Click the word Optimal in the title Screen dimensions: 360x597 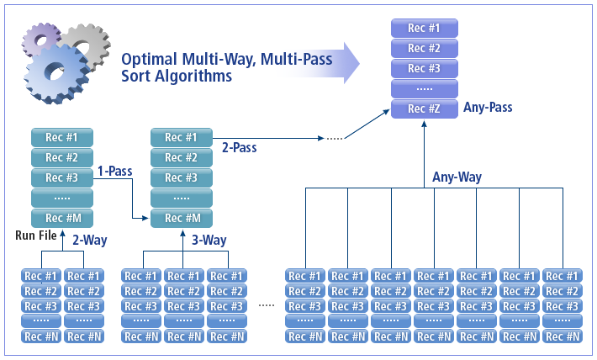coord(150,60)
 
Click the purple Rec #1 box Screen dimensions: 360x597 coord(424,28)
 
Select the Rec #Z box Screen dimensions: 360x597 coord(424,109)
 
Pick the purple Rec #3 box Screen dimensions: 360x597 coord(424,68)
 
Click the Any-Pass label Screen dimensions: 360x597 coord(488,108)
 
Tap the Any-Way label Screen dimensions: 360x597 coord(457,177)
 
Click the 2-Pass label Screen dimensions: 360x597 coord(240,147)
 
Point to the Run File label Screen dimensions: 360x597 coord(35,235)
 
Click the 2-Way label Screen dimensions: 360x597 coord(88,241)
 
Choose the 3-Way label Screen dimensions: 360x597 coord(208,241)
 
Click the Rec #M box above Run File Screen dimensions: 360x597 coord(61,218)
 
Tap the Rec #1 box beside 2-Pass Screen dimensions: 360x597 coord(181,137)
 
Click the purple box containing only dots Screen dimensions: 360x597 coord(424,88)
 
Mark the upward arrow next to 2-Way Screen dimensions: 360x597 coord(61,240)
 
